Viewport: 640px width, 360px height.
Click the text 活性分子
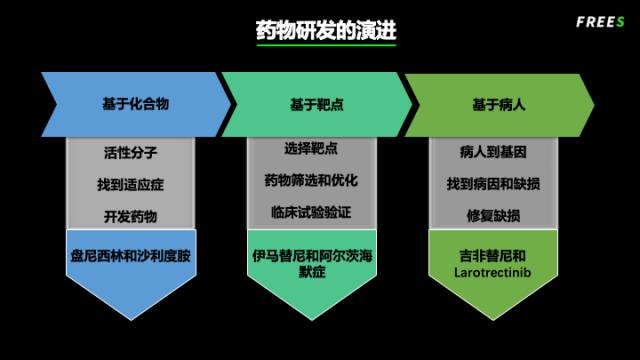131,153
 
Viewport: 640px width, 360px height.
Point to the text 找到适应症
131,185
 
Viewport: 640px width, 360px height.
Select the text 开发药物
131,216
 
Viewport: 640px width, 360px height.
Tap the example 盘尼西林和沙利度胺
131,256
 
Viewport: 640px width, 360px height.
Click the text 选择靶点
310,149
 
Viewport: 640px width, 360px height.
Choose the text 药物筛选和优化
310,181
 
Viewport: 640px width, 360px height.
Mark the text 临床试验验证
310,212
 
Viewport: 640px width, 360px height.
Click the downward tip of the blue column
131,318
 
